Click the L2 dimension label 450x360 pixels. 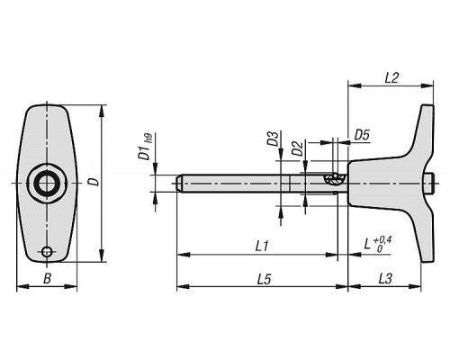pyautogui.click(x=391, y=78)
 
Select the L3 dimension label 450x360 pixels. pyautogui.click(x=385, y=279)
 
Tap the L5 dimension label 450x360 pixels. pyautogui.click(x=264, y=279)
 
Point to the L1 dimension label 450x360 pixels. pyautogui.click(x=262, y=247)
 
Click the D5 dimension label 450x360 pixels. pyautogui.click(x=362, y=136)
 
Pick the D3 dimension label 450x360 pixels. pyautogui.click(x=273, y=139)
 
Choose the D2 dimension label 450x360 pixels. pyautogui.click(x=297, y=148)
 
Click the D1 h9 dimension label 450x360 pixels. pyautogui.click(x=145, y=147)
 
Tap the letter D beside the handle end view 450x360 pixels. pyautogui.click(x=94, y=182)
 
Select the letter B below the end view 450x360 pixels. pyautogui.click(x=47, y=279)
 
